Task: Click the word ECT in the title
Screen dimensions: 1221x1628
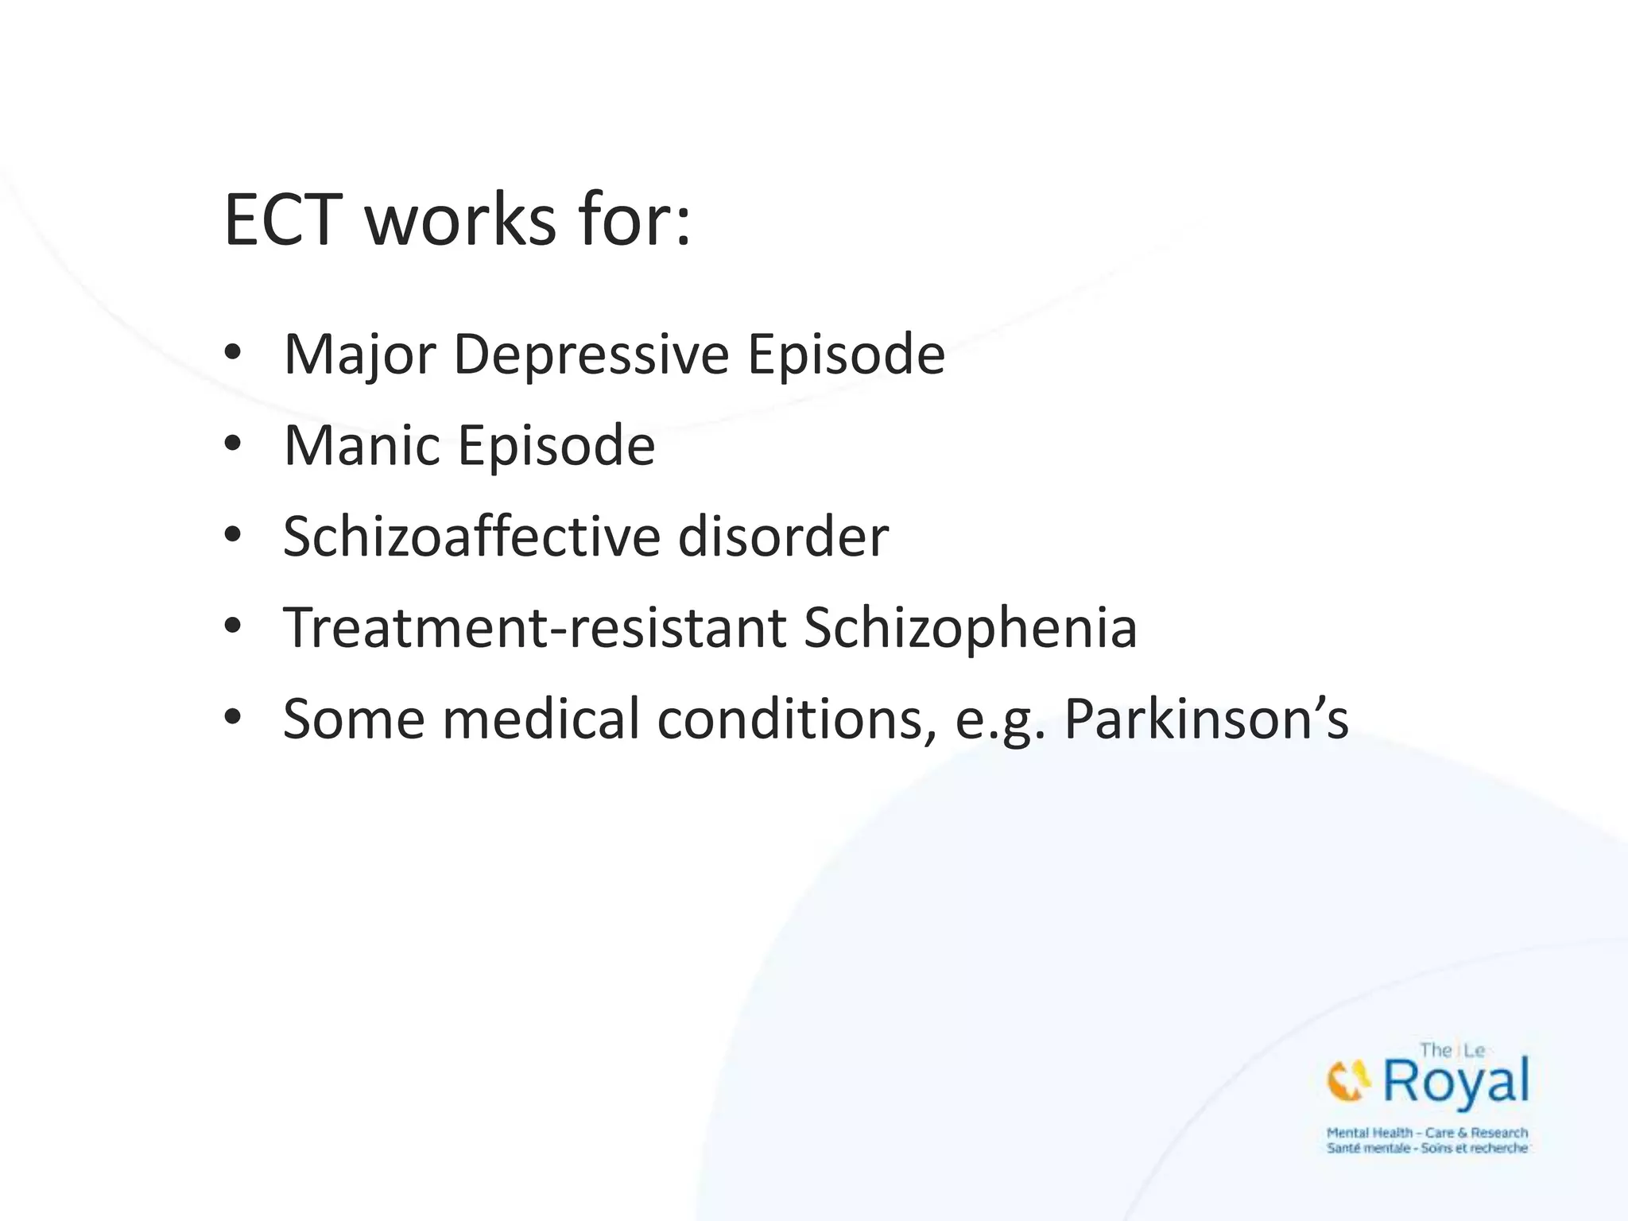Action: click(283, 220)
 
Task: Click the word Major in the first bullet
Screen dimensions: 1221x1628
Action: click(359, 355)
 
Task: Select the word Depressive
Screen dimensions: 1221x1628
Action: click(591, 355)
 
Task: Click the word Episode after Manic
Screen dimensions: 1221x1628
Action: click(556, 445)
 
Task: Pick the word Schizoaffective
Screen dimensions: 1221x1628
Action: click(471, 537)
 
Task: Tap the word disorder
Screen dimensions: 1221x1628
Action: click(783, 537)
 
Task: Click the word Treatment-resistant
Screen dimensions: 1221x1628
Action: click(534, 628)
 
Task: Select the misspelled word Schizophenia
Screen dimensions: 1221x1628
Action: click(970, 628)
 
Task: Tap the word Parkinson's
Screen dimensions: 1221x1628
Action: click(1206, 719)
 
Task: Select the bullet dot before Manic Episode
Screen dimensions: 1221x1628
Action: click(232, 444)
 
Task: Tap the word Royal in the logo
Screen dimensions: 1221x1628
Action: click(1456, 1083)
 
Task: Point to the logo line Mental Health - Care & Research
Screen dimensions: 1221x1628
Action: click(1427, 1133)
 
